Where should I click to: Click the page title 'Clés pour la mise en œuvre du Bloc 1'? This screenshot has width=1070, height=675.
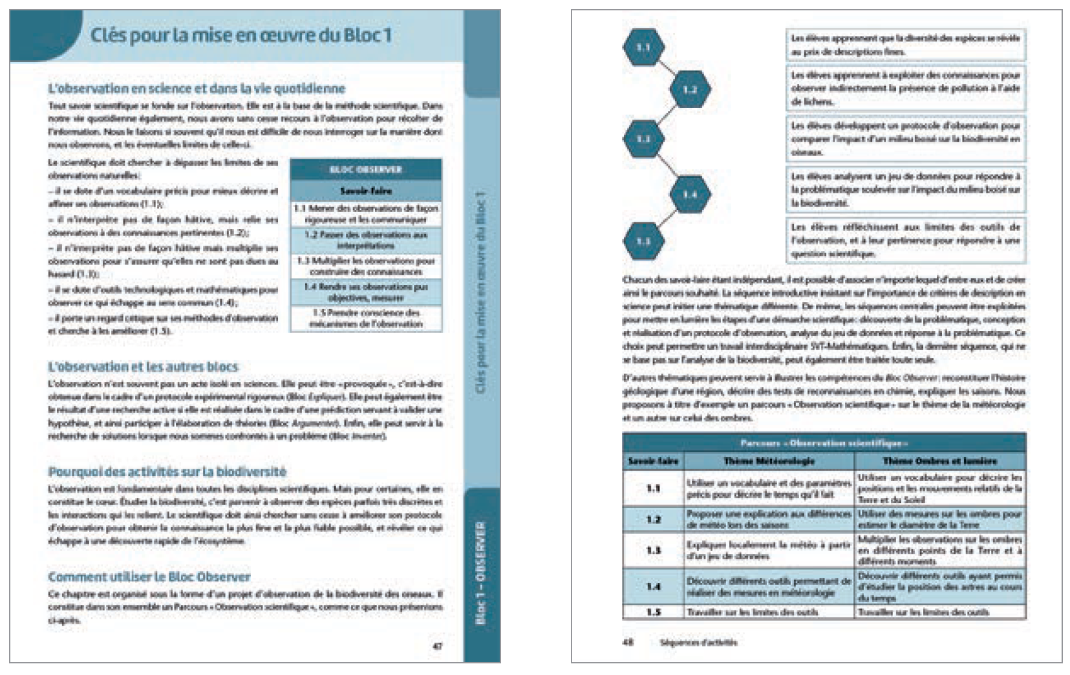pos(241,35)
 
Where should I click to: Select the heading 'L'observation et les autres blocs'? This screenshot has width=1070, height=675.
pos(143,367)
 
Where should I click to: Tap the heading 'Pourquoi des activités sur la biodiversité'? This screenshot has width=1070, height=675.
pos(167,471)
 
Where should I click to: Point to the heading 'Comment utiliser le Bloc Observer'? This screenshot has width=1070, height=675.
pos(149,577)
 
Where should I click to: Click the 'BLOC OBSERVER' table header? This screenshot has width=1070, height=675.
pos(366,169)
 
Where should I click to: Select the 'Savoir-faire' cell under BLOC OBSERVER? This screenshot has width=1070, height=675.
pos(366,191)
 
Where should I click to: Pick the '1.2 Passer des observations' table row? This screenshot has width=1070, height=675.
pos(366,240)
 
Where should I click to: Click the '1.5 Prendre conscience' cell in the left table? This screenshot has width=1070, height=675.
pos(366,318)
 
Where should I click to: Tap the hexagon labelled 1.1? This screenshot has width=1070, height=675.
pos(643,48)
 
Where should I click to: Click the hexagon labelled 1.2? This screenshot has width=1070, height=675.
pos(690,89)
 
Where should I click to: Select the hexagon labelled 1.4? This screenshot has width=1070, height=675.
pos(690,194)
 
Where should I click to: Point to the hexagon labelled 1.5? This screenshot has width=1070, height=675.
pos(643,241)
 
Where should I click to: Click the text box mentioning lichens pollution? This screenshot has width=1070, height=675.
pos(905,89)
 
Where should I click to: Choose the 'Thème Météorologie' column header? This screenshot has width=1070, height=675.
pos(769,461)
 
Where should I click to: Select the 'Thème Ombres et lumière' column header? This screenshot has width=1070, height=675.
pos(939,461)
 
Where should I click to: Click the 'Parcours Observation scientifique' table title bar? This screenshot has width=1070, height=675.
pos(824,443)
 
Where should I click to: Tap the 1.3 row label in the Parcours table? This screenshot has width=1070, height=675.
pos(654,550)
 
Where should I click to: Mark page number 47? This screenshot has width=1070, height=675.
pos(438,645)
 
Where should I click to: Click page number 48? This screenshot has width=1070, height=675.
pos(627,643)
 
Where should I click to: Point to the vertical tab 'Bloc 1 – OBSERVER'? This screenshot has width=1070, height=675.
pos(482,572)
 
